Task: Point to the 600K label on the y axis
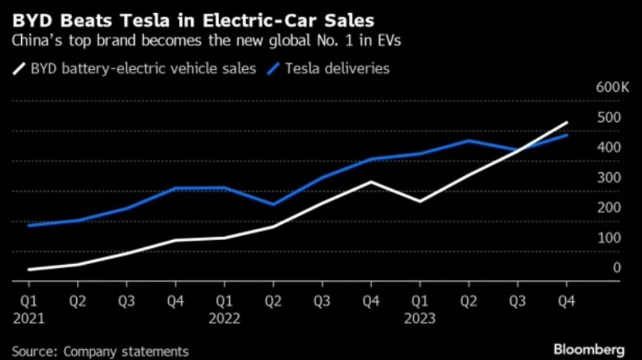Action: [x=607, y=88]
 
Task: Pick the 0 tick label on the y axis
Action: [x=617, y=267]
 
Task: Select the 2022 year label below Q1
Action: [x=223, y=317]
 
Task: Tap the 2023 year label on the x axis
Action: [x=419, y=317]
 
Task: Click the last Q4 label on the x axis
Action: [x=566, y=299]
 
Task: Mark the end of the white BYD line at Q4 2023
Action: [x=567, y=123]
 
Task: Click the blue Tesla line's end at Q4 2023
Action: [x=567, y=135]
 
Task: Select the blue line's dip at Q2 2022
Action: [x=273, y=204]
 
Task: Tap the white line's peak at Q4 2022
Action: [x=371, y=182]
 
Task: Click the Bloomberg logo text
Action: [x=588, y=349]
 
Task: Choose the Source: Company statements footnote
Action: [x=100, y=351]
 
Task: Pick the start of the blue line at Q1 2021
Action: [x=29, y=225]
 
